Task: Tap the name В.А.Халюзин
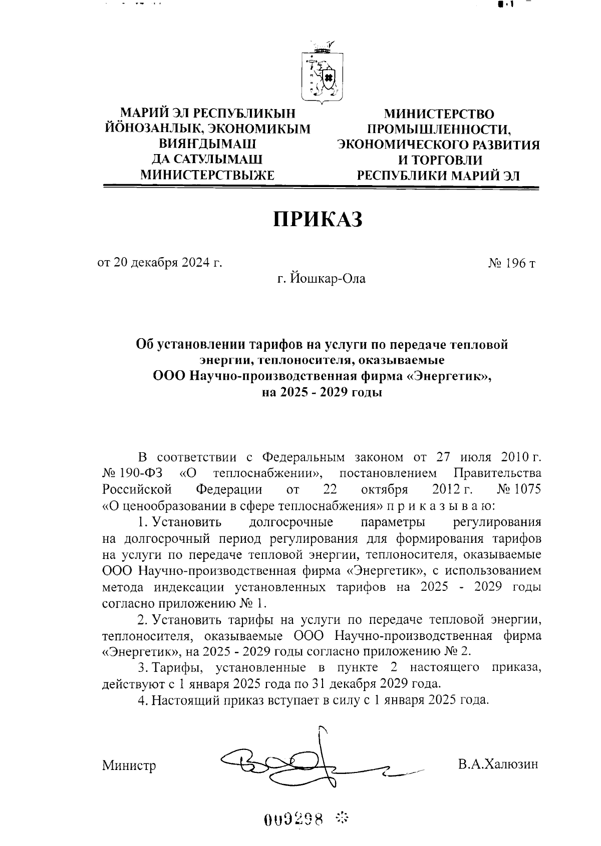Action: pyautogui.click(x=497, y=764)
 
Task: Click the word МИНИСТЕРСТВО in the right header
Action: pyautogui.click(x=438, y=115)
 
